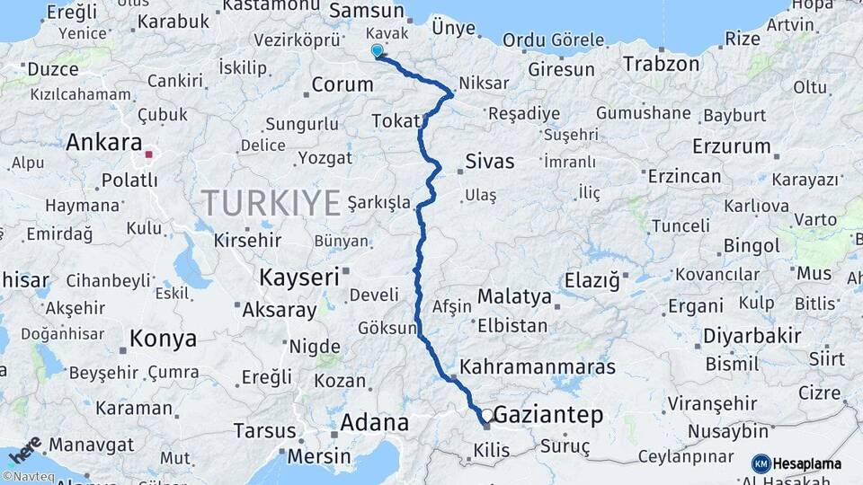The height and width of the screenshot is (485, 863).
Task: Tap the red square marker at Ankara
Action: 149,154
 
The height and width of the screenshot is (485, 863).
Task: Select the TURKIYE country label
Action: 271,202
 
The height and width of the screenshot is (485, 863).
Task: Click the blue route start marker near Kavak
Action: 377,52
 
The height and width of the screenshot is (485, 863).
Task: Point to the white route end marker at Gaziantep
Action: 486,416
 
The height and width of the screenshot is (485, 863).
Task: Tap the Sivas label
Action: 490,163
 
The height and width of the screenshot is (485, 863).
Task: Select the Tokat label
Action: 396,122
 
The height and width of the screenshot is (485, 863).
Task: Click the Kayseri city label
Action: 298,277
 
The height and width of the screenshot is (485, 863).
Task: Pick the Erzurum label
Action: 732,146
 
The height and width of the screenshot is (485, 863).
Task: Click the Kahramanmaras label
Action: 538,366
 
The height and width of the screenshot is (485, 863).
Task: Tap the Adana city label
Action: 374,423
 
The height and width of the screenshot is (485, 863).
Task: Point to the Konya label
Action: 163,339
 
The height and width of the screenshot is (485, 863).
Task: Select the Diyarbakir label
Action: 752,336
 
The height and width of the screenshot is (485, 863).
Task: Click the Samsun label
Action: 367,11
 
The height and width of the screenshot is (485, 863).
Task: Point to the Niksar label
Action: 484,84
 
